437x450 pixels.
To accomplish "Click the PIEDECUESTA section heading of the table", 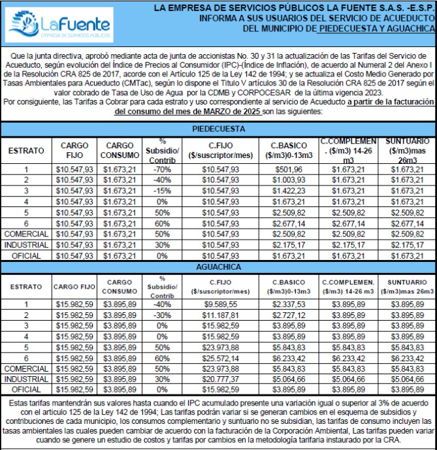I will point(218,129).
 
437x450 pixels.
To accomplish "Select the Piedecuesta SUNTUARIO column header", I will point(408,150).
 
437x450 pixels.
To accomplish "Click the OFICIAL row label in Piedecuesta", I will point(26,255).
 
